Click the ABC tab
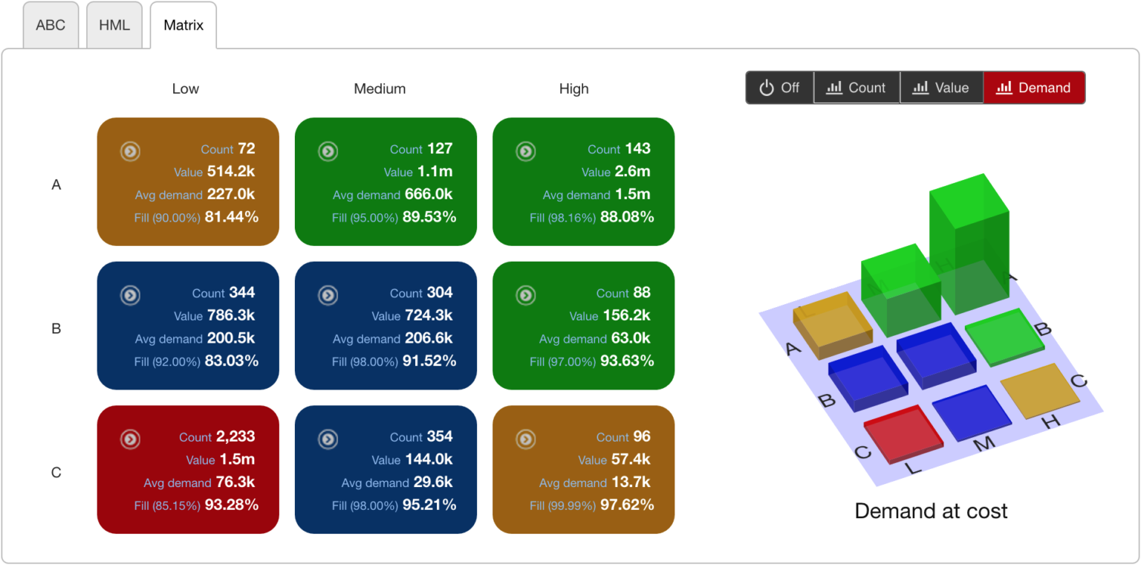pos(51,25)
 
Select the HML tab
pos(114,25)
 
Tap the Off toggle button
pos(779,88)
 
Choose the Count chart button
pos(856,88)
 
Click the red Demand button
pos(1034,88)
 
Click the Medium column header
pos(380,88)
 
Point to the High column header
pos(573,88)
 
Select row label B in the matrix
pos(56,329)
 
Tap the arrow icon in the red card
pos(130,439)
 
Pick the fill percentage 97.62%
pos(626,505)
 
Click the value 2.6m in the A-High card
pos(632,172)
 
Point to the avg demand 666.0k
pos(429,195)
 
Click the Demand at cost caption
pos(931,511)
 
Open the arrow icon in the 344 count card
pos(130,295)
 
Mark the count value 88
pos(641,293)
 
